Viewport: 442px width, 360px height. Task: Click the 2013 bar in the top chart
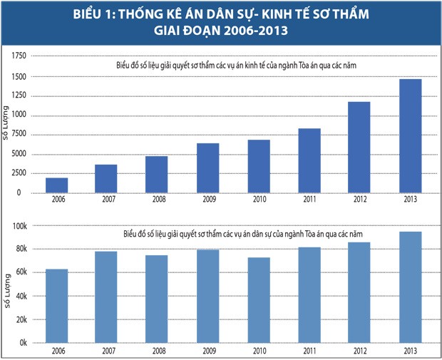pyautogui.click(x=410, y=135)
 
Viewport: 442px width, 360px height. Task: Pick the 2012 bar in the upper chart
pyautogui.click(x=359, y=147)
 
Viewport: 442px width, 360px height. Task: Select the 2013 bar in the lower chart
pyautogui.click(x=410, y=287)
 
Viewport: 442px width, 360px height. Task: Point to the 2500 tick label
pyautogui.click(x=19, y=173)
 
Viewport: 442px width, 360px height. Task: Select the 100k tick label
pyautogui.click(x=19, y=226)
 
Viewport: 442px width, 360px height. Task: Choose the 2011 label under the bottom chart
pyautogui.click(x=309, y=351)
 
